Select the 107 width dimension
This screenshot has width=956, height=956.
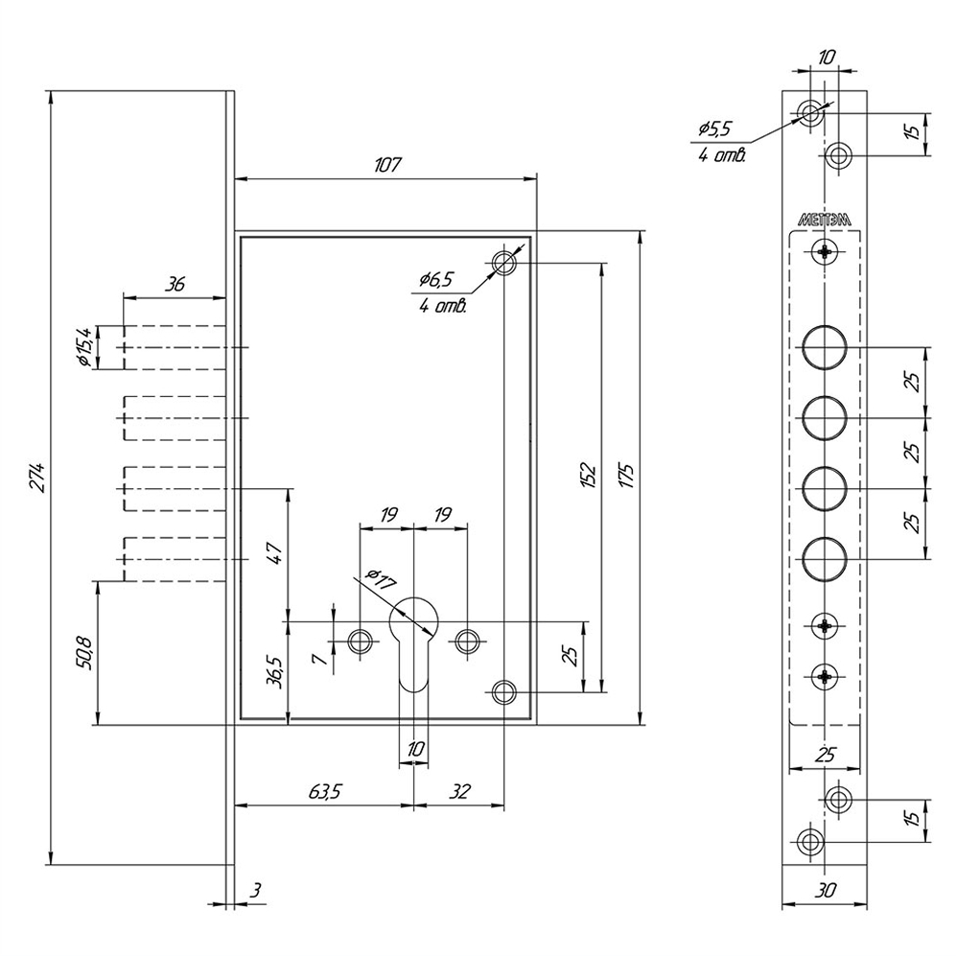(386, 165)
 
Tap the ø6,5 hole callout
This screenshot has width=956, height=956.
(436, 280)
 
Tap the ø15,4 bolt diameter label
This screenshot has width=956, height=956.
(84, 346)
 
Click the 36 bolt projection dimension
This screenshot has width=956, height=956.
(174, 284)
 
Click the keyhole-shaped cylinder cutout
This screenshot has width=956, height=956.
(414, 638)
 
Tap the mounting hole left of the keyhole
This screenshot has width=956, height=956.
(361, 640)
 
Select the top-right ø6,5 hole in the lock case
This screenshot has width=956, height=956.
(503, 262)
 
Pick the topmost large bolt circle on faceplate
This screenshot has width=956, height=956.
(825, 347)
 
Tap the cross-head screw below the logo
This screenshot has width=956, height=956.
(825, 253)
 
